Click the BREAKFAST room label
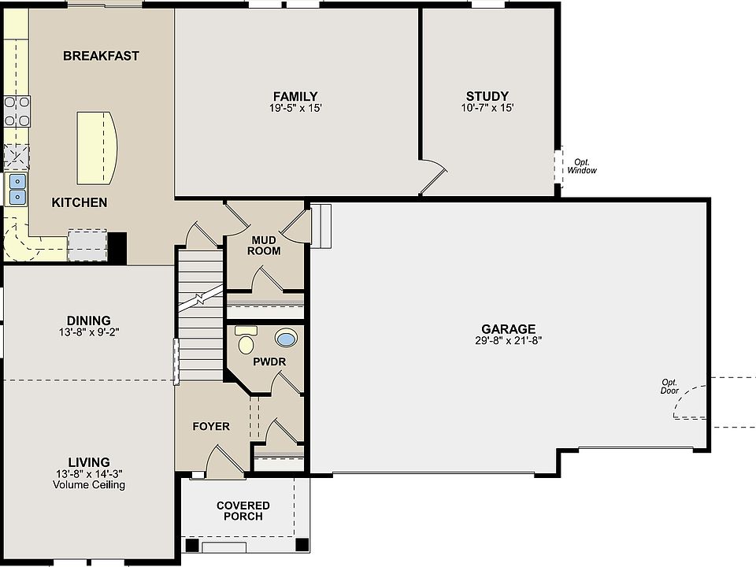coord(101,56)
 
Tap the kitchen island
coord(97,146)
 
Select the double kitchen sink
coord(17,189)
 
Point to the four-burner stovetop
coord(17,110)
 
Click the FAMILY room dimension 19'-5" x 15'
coord(295,108)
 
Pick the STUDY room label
coord(487,96)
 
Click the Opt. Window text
coord(582,166)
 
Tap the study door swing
coord(432,176)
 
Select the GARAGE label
coord(509,329)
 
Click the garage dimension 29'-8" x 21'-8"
coord(509,341)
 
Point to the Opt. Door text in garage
coord(669,386)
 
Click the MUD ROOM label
coord(264,245)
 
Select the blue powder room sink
coord(287,339)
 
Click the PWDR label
coord(269,361)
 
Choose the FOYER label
coord(211,426)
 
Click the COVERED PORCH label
coord(243,510)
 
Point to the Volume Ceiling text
coord(89,485)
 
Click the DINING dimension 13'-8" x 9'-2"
coord(88,332)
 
